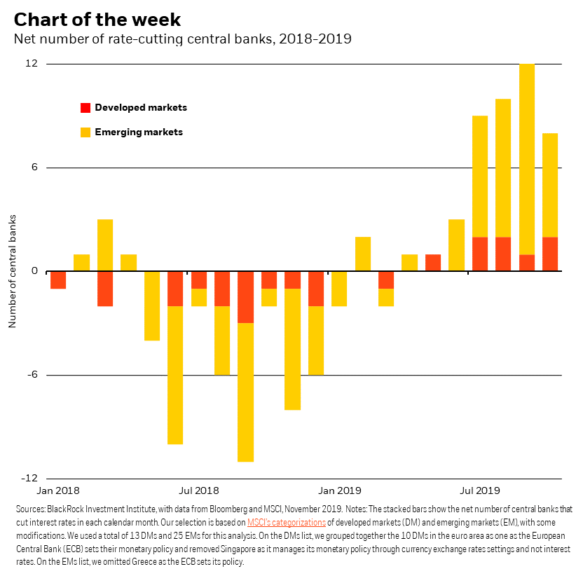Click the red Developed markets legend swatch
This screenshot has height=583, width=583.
85,108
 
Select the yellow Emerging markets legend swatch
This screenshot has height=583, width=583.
85,132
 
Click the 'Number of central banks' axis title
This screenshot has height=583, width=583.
12,271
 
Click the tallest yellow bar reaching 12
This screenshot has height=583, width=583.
527,158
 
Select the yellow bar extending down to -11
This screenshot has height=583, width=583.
245,392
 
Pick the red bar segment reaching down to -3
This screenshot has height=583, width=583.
245,297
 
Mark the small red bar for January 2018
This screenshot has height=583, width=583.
58,280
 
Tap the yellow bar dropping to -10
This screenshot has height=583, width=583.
175,375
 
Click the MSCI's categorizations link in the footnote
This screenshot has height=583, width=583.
286,523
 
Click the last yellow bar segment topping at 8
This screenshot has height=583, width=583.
550,185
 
